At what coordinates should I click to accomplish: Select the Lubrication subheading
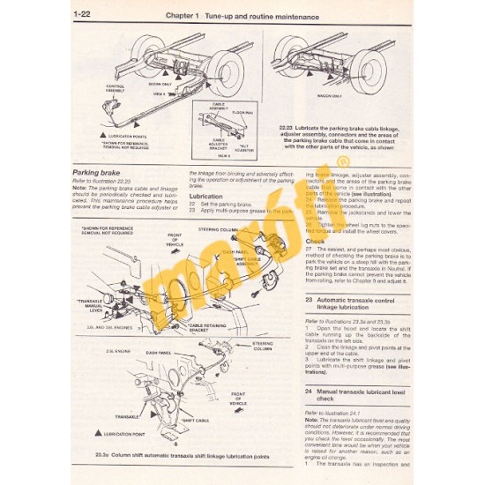click(x=205, y=195)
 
